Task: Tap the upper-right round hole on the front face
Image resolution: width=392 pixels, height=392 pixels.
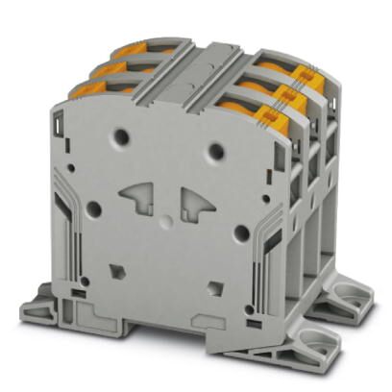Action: [217, 149]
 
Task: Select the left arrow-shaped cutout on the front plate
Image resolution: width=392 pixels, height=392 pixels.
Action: [140, 198]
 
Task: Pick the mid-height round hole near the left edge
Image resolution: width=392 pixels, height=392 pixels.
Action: [94, 207]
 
